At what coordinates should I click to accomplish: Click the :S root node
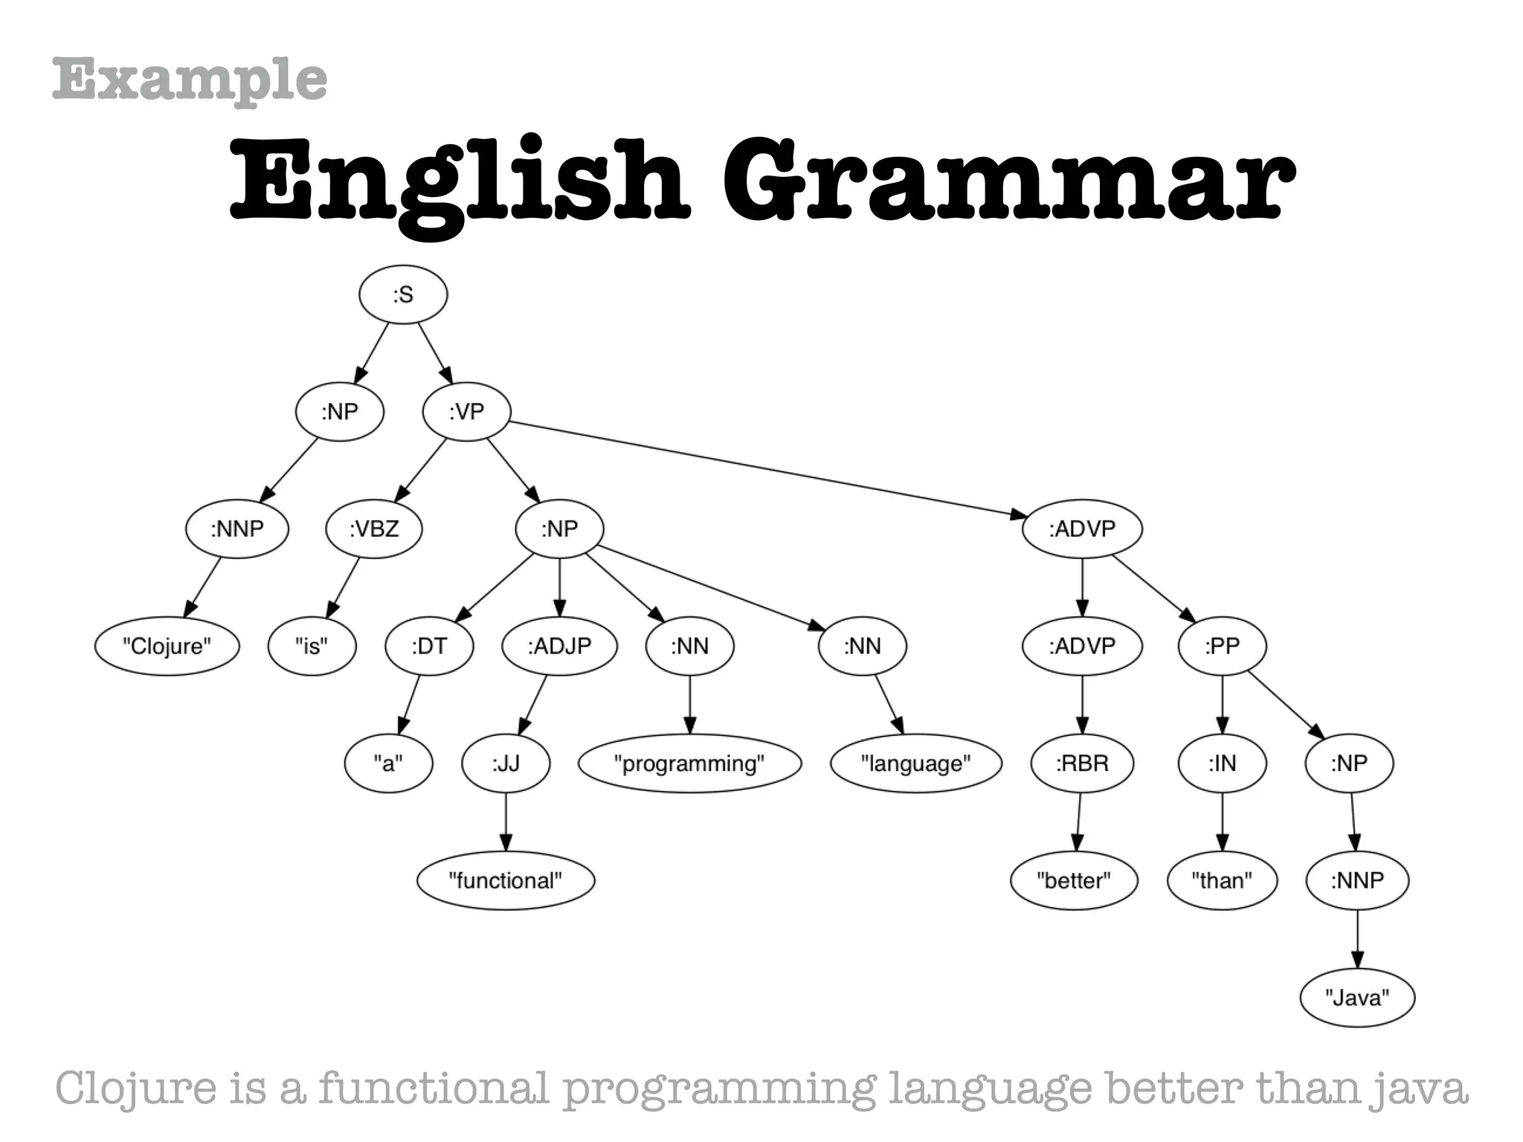point(403,295)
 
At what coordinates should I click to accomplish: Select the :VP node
point(466,411)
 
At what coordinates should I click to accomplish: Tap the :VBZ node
point(374,529)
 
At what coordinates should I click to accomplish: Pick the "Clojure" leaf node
point(167,646)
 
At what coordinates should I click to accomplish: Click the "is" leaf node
point(312,646)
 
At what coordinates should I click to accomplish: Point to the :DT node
point(429,646)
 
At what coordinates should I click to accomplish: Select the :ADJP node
point(559,646)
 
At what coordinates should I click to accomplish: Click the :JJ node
point(506,764)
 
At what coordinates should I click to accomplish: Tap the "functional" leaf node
point(506,881)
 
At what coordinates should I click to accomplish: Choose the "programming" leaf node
point(689,764)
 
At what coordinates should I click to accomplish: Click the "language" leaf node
point(915,764)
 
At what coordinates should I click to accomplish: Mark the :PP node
point(1222,646)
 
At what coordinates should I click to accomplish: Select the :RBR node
point(1082,764)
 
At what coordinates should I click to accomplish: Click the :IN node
point(1222,764)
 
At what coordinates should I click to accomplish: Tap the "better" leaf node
point(1074,881)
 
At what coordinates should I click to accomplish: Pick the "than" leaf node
point(1222,881)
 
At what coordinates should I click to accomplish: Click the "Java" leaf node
point(1357,998)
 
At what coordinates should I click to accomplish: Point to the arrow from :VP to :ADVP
point(766,469)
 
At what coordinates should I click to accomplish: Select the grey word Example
point(190,80)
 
